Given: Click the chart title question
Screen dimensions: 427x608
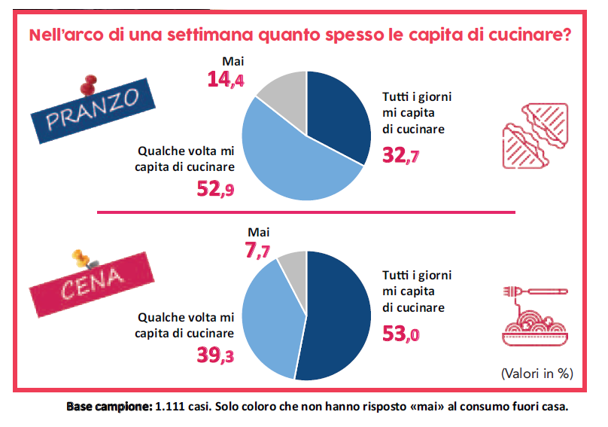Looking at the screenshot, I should [299, 35].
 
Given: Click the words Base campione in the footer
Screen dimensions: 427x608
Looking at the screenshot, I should [110, 407].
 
